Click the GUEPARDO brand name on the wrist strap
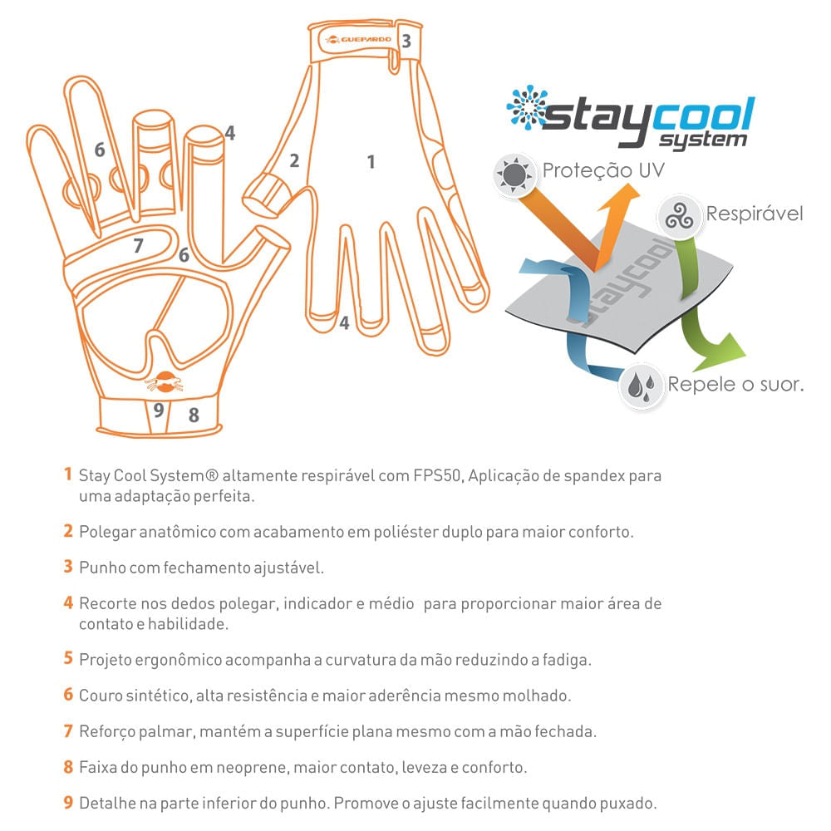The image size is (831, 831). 366,39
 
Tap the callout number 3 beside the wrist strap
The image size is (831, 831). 406,41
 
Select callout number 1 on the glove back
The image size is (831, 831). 371,162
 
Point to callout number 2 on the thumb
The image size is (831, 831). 295,160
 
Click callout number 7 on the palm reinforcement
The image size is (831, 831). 138,245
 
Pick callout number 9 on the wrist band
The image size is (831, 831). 159,410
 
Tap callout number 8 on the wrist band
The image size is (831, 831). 194,415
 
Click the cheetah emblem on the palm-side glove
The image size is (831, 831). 165,381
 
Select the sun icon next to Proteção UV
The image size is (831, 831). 513,175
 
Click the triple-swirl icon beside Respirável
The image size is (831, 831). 680,217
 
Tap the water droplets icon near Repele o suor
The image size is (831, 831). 642,386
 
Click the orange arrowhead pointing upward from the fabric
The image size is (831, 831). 625,197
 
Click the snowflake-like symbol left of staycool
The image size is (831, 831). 527,107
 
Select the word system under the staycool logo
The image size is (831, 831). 703,140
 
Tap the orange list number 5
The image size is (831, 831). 68,658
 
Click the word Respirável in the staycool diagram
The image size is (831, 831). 755,214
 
